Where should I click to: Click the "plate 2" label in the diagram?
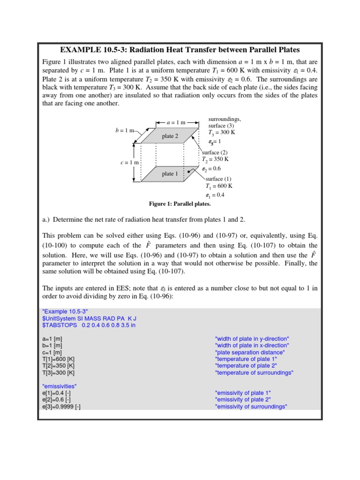click(170, 136)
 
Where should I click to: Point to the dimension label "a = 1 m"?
click(176, 122)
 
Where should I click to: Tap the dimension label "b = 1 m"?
click(125, 130)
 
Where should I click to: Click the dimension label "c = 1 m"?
click(130, 162)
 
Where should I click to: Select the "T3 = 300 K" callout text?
click(222, 133)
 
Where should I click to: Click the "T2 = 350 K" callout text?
click(215, 159)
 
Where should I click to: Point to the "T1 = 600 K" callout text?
click(218, 186)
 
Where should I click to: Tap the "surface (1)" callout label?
click(218, 179)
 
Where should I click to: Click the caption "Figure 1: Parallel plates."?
click(180, 204)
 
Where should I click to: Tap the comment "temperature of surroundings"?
click(254, 373)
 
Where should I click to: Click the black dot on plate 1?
click(188, 172)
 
